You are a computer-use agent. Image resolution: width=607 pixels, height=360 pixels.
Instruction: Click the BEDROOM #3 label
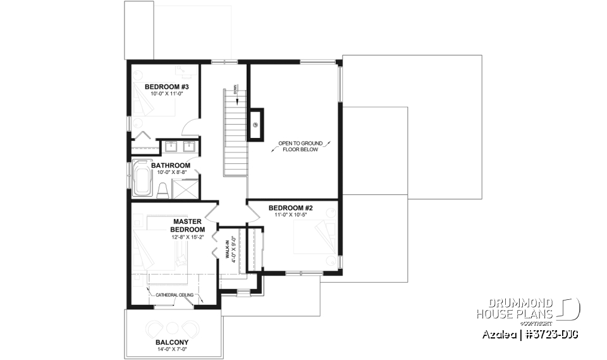(162, 87)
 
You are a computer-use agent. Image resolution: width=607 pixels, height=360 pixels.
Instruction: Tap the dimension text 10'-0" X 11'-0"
(162, 94)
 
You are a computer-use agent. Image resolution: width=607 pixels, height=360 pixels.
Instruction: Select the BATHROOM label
(170, 166)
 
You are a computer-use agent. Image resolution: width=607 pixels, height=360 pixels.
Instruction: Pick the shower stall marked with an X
(186, 189)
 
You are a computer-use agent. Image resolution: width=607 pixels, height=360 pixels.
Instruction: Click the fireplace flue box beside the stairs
(256, 123)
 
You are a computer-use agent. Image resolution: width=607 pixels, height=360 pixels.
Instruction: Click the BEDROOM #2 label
(291, 208)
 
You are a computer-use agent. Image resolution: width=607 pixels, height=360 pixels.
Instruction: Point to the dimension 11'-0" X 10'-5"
(291, 214)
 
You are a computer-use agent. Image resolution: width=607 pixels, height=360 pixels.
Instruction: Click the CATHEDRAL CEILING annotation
(175, 295)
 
